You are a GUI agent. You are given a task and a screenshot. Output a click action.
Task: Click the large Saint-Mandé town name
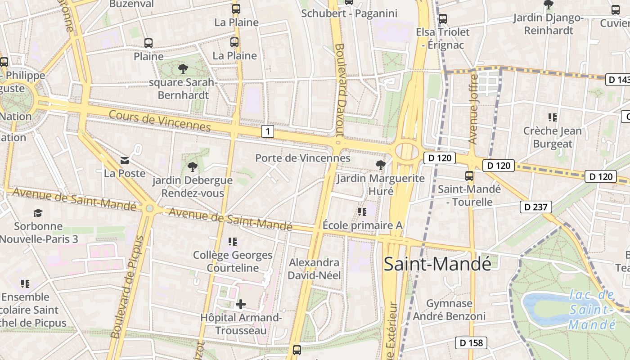(x=437, y=264)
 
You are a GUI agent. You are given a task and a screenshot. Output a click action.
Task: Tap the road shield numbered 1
(x=268, y=131)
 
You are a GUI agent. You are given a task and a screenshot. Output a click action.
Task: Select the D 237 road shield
(x=535, y=207)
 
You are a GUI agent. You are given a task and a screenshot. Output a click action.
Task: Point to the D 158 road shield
(x=471, y=343)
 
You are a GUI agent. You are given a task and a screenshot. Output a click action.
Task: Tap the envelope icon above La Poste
(x=124, y=160)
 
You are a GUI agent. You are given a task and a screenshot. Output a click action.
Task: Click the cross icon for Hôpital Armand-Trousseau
(x=241, y=304)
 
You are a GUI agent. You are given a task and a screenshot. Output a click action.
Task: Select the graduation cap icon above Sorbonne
(x=38, y=213)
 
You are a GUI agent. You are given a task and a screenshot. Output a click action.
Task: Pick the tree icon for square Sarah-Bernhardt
(x=183, y=69)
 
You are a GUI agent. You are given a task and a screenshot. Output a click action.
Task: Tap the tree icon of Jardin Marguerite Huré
(x=381, y=165)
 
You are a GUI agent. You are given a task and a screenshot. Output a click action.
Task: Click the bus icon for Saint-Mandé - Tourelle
(x=469, y=175)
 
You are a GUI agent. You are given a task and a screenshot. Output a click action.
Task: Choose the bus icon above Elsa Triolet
(x=443, y=19)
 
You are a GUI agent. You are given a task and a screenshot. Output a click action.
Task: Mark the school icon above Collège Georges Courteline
(x=233, y=242)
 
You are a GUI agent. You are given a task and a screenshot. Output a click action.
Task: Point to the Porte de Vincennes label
(x=302, y=158)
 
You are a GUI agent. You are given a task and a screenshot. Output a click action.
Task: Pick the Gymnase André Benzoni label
(x=449, y=310)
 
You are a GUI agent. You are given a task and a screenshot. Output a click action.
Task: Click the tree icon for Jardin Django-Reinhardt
(x=548, y=5)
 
